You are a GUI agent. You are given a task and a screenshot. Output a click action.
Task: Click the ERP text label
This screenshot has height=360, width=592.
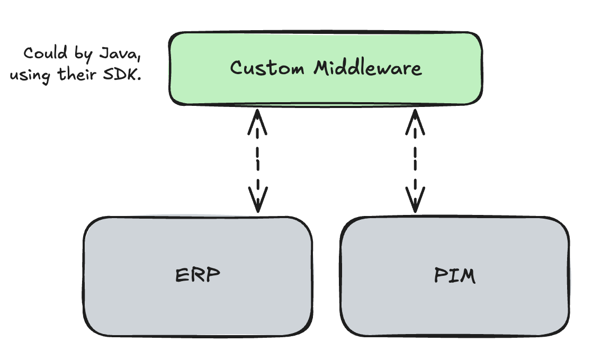[x=198, y=276]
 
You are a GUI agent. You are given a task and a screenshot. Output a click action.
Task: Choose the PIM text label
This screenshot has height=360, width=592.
[x=454, y=276]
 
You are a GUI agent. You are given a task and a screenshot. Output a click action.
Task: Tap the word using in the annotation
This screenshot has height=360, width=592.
[x=30, y=76]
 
